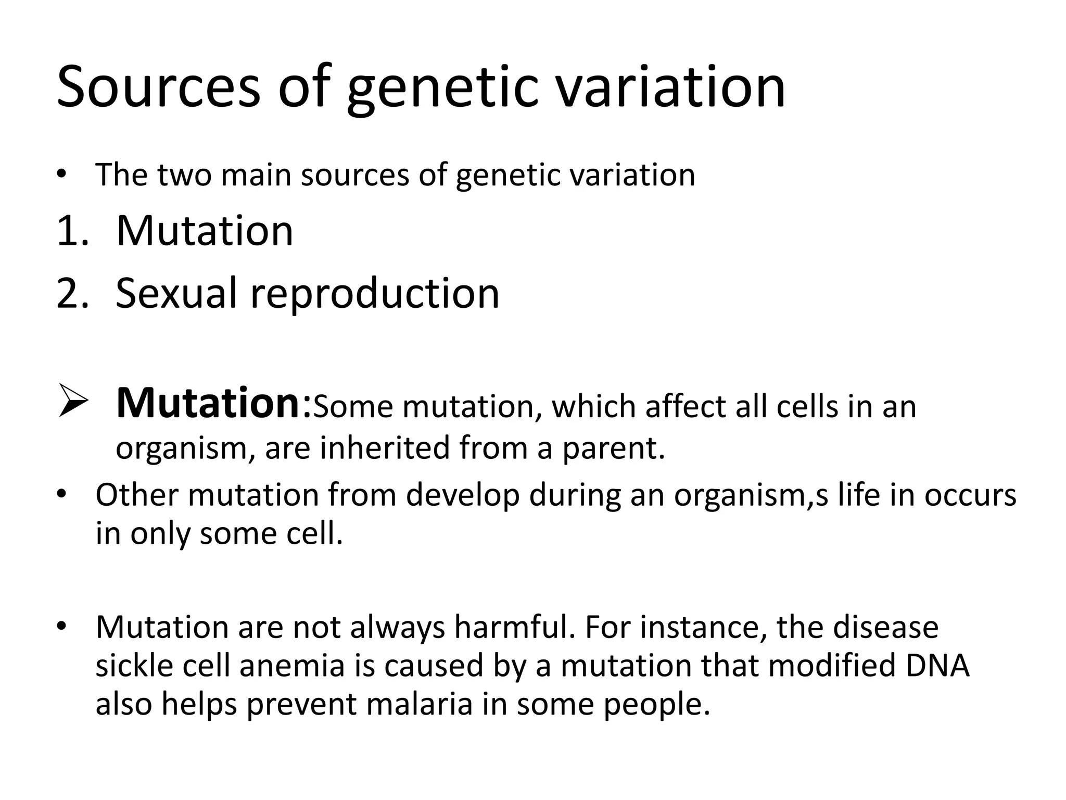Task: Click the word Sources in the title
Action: point(158,86)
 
